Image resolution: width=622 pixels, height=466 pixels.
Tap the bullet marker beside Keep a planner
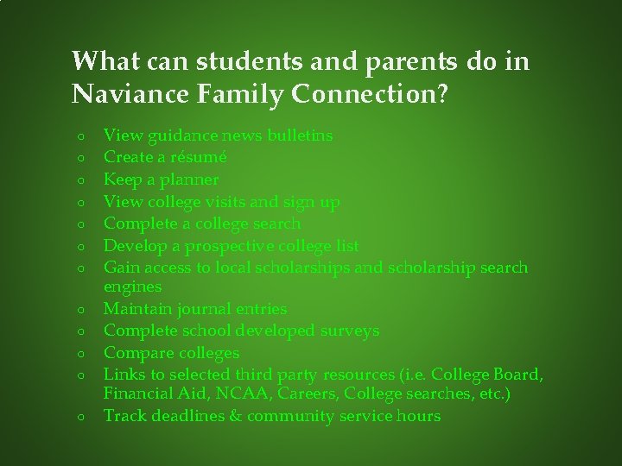[79, 180]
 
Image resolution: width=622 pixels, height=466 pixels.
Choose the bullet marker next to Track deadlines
[79, 417]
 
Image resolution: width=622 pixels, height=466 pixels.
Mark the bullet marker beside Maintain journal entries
[79, 309]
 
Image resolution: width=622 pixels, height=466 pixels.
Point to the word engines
[132, 286]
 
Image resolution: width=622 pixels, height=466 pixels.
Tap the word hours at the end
[418, 416]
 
